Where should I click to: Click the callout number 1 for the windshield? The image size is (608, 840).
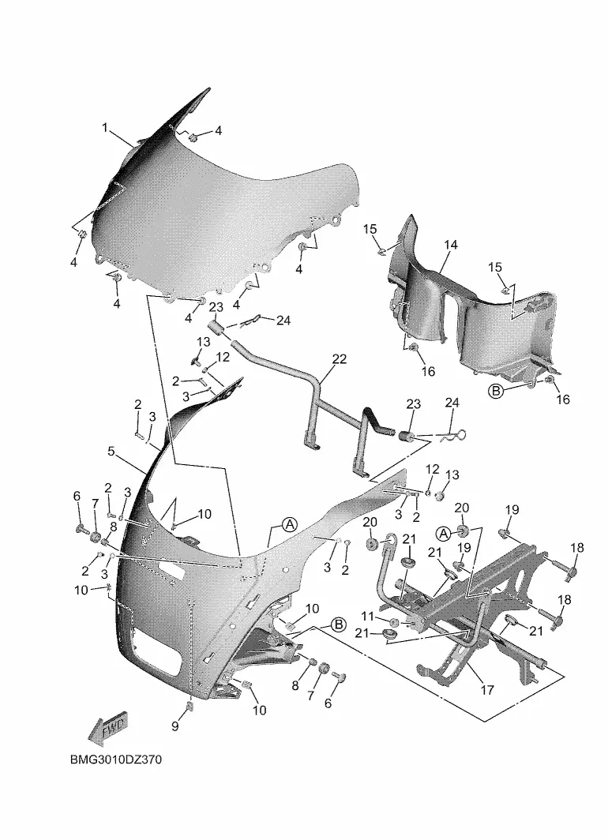(x=105, y=127)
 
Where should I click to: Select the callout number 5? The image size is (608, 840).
(x=111, y=452)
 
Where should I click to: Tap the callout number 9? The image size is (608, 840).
(x=175, y=725)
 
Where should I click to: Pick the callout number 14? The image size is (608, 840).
(x=450, y=246)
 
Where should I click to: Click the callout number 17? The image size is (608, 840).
(x=487, y=690)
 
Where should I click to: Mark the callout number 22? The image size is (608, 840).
(x=339, y=359)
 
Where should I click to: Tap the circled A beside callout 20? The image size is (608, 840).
(x=443, y=534)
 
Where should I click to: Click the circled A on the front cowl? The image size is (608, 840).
(x=289, y=524)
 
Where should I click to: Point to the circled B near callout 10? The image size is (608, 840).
(x=338, y=625)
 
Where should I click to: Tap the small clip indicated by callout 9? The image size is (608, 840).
(x=191, y=705)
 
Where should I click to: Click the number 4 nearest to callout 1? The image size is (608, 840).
(x=220, y=131)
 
